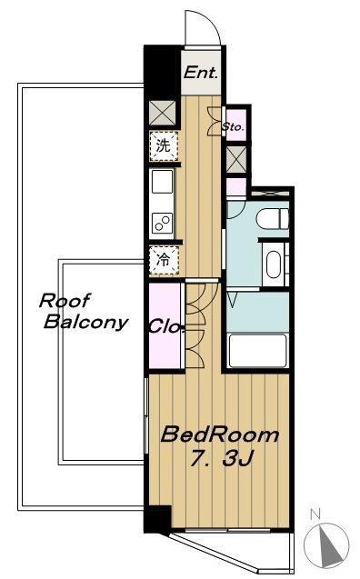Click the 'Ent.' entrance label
click(201, 72)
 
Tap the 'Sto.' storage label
click(234, 127)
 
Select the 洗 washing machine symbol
click(164, 145)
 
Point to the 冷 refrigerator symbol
click(164, 260)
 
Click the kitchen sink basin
click(162, 181)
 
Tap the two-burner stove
click(162, 224)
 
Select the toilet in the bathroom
click(272, 219)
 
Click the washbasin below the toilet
click(274, 265)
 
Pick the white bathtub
click(258, 351)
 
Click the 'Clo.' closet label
click(166, 327)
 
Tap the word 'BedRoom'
click(220, 434)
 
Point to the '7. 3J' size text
click(222, 458)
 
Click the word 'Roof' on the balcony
click(65, 301)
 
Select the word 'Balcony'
click(86, 322)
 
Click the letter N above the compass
click(315, 514)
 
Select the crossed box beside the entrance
click(163, 113)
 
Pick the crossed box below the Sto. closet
click(236, 159)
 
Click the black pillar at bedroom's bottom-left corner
click(157, 519)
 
